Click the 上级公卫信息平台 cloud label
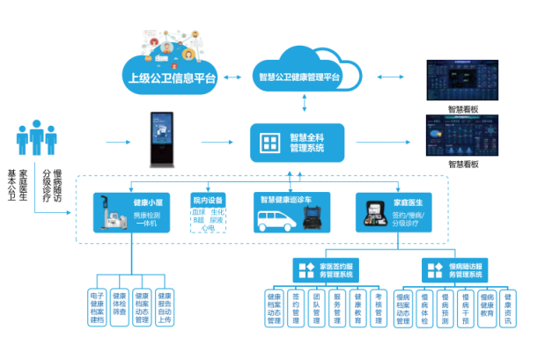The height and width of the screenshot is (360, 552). pyautogui.click(x=168, y=77)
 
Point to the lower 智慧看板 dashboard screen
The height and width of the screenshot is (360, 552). pyautogui.click(x=462, y=136)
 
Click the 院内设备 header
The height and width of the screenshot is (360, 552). pyautogui.click(x=209, y=199)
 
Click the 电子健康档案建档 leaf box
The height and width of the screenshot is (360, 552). pyautogui.click(x=97, y=307)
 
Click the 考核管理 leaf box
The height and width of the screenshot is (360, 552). pyautogui.click(x=379, y=309)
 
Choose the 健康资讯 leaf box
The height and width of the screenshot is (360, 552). pyautogui.click(x=508, y=309)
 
